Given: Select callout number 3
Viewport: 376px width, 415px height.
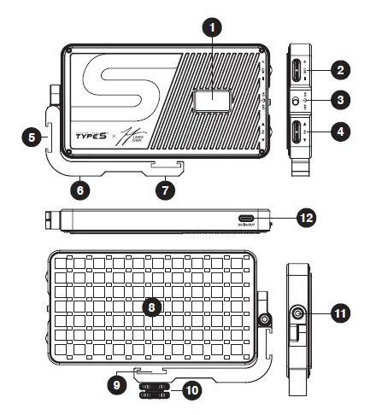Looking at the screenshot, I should click(342, 101).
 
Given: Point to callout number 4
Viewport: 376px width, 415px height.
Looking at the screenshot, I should click(342, 133).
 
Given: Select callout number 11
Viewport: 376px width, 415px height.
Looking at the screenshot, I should click(339, 315).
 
